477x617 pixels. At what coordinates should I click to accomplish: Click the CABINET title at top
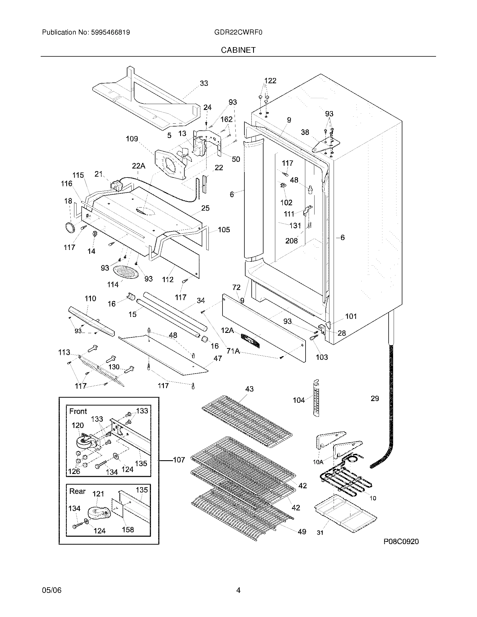click(238, 50)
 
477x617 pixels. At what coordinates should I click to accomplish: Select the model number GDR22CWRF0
click(238, 33)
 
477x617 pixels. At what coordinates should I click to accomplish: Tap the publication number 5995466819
click(111, 33)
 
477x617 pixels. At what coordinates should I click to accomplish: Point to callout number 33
click(204, 83)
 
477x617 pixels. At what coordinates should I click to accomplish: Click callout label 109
click(132, 139)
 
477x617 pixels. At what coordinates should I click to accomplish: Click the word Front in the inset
click(78, 411)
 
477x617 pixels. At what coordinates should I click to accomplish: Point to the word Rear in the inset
click(77, 491)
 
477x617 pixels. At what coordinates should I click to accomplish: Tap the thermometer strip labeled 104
click(316, 399)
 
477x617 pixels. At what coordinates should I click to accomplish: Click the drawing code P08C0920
click(401, 542)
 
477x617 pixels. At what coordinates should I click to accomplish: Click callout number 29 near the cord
click(375, 399)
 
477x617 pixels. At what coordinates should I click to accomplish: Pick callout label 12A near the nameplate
click(227, 330)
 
